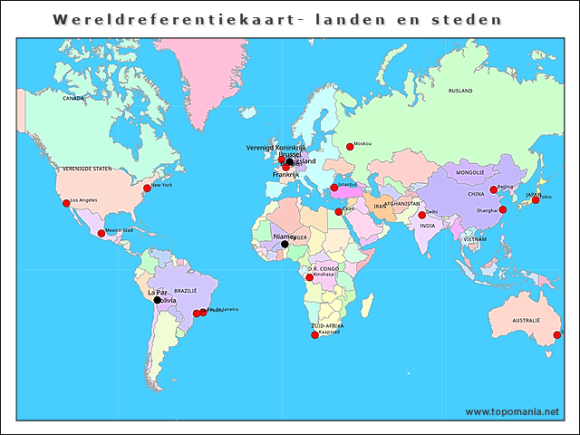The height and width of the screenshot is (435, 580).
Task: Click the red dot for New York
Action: [x=147, y=188]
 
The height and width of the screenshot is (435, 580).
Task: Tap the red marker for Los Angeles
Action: [x=66, y=203]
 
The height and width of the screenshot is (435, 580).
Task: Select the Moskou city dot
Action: [x=350, y=147]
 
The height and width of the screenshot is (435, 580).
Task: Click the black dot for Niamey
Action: [x=285, y=244]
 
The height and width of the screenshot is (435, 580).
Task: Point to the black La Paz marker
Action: [x=157, y=300]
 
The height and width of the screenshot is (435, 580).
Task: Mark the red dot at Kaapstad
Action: [x=314, y=335]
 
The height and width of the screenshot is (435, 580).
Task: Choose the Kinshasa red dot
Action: [x=309, y=277]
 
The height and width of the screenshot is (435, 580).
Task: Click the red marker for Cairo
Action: [x=339, y=212]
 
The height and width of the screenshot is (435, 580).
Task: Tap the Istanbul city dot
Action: [x=333, y=188]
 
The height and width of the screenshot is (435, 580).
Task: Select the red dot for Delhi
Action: [x=421, y=215]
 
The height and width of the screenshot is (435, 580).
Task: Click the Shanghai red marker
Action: [x=503, y=209]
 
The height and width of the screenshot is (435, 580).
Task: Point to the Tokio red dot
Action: [x=536, y=199]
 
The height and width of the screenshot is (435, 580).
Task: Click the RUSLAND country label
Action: [x=460, y=91]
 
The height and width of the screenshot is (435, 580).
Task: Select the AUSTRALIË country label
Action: [x=526, y=321]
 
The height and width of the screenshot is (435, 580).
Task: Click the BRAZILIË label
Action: [x=185, y=291]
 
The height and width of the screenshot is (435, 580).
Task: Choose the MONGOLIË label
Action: [x=469, y=172]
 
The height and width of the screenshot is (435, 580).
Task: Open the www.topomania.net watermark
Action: [x=512, y=411]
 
